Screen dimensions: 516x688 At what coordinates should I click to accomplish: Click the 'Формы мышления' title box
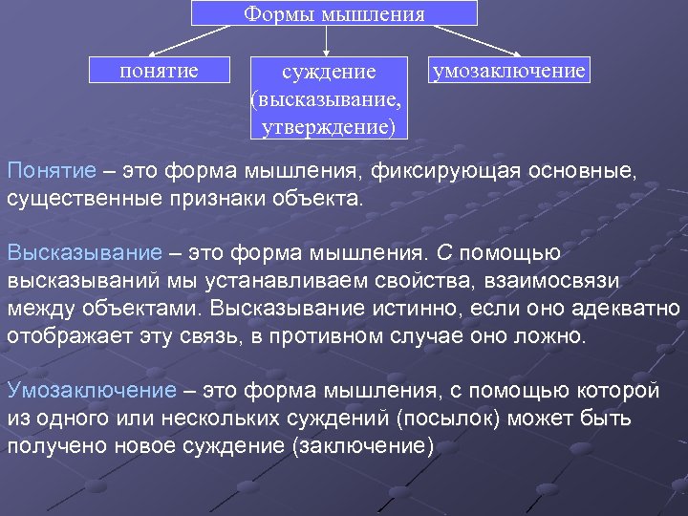(x=333, y=13)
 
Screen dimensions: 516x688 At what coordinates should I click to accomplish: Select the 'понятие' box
(x=160, y=71)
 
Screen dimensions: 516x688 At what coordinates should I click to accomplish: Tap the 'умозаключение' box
(x=508, y=71)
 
